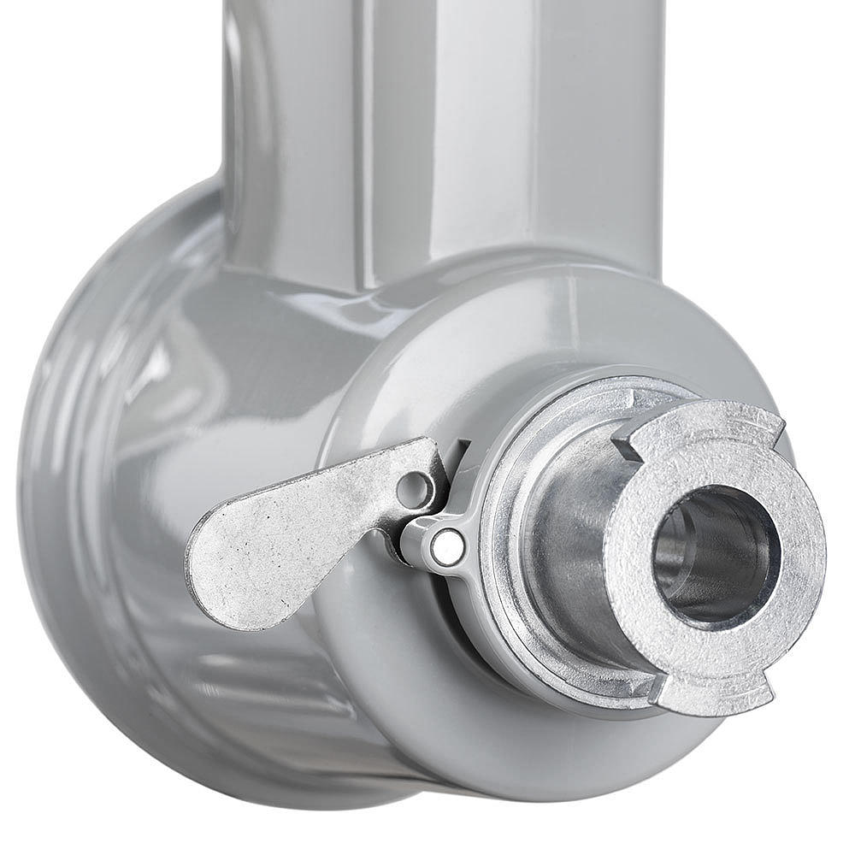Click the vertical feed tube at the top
(x=445, y=128)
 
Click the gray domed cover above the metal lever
(x=479, y=342)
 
